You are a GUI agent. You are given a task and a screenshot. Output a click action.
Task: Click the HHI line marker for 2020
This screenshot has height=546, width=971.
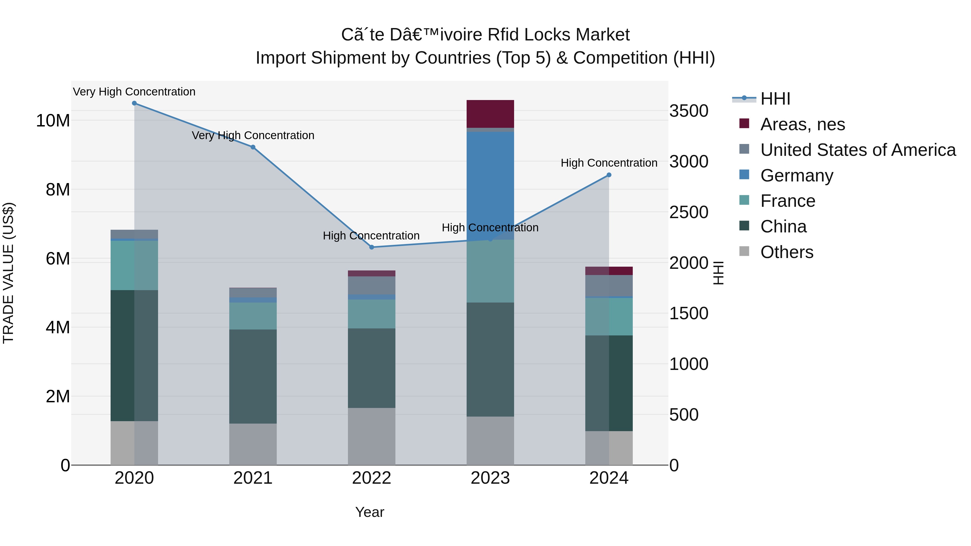pyautogui.click(x=134, y=103)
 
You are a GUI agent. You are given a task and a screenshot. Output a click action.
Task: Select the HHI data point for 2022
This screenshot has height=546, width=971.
pyautogui.click(x=372, y=247)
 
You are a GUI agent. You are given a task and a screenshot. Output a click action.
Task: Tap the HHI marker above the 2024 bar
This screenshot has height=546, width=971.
pyautogui.click(x=609, y=175)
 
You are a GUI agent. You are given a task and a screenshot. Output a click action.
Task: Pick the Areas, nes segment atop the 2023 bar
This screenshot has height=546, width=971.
pyautogui.click(x=490, y=114)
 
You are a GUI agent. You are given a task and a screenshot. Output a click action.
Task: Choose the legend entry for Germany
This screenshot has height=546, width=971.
pyautogui.click(x=796, y=176)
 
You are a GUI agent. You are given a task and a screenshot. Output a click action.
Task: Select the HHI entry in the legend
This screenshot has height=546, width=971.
pyautogui.click(x=775, y=99)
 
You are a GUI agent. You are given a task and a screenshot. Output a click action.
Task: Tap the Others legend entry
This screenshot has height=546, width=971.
pyautogui.click(x=787, y=252)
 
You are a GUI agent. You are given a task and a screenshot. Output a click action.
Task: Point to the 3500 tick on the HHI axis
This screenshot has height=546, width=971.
pyautogui.click(x=689, y=111)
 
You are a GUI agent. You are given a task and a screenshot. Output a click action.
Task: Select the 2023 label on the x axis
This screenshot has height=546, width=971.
pyautogui.click(x=490, y=478)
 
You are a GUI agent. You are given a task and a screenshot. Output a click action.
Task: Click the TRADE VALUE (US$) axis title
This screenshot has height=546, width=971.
pyautogui.click(x=8, y=273)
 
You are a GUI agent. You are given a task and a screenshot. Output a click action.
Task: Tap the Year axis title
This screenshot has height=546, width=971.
pyautogui.click(x=370, y=512)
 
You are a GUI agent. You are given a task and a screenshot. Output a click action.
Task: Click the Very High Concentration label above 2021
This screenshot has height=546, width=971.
pyautogui.click(x=253, y=135)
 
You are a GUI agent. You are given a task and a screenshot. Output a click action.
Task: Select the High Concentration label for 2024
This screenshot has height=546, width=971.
pyautogui.click(x=609, y=163)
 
